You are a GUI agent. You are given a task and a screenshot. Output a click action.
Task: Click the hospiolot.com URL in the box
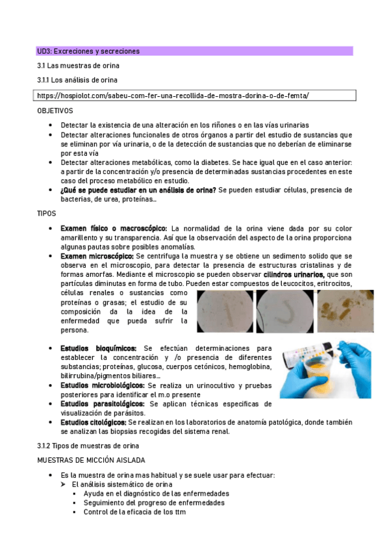click(x=174, y=95)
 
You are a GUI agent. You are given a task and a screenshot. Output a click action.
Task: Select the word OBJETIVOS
click(x=55, y=110)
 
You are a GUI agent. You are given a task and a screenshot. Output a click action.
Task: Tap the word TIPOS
click(x=46, y=212)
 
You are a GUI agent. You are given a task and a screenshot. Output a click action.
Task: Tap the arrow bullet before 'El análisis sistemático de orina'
click(x=64, y=484)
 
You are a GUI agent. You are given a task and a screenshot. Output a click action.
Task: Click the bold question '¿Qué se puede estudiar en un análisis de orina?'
click(x=138, y=190)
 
